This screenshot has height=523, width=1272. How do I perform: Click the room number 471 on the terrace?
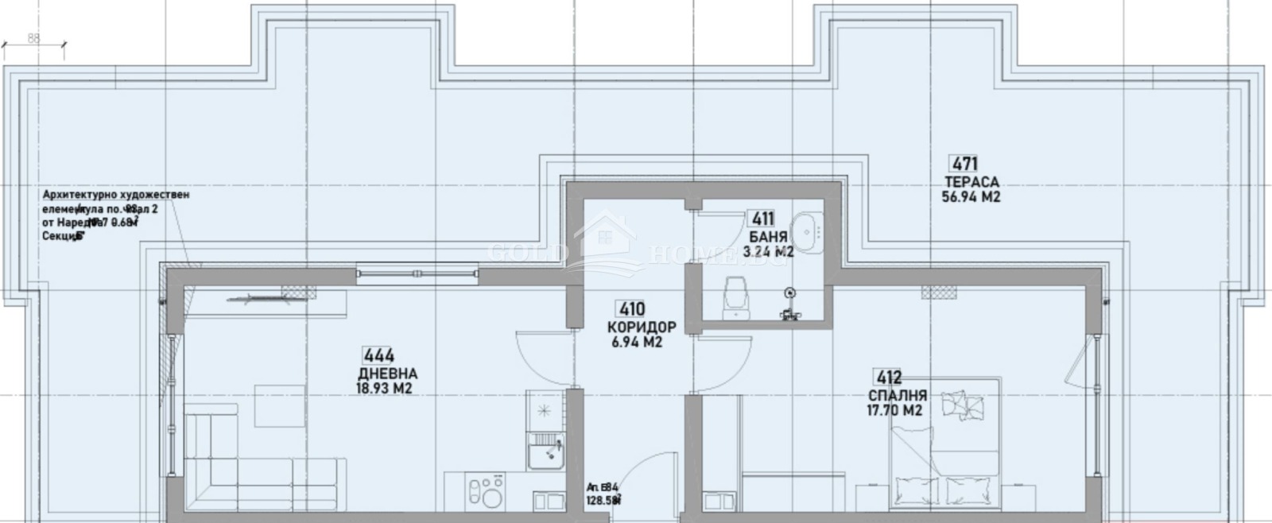click(964, 165)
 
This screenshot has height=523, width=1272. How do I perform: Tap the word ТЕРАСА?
click(971, 182)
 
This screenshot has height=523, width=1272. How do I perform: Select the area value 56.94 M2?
click(971, 197)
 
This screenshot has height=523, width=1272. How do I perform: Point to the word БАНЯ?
click(768, 237)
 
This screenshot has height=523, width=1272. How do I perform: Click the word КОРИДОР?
click(642, 327)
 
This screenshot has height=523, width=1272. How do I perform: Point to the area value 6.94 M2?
click(637, 343)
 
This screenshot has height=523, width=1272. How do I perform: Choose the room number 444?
click(378, 355)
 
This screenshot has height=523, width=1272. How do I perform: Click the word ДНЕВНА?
click(387, 374)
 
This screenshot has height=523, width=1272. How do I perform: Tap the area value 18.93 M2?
click(384, 389)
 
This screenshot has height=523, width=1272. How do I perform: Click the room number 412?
click(887, 378)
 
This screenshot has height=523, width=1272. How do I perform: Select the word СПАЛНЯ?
click(897, 395)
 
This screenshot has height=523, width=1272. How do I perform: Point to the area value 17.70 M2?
click(894, 411)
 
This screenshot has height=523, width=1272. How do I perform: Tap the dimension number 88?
click(33, 37)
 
